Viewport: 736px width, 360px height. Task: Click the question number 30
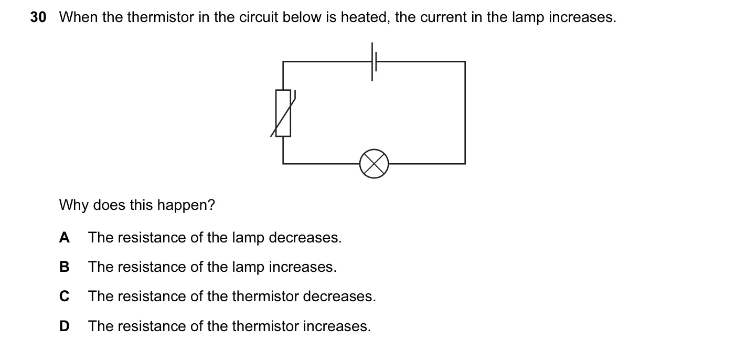38,17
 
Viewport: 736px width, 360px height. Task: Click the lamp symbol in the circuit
374,164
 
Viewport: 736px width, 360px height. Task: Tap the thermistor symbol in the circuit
283,113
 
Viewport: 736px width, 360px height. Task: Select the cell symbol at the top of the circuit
374,61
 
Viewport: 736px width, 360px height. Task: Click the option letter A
65,237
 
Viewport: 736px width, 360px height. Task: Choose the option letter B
65,267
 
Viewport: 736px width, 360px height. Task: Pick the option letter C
65,296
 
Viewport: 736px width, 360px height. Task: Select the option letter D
65,326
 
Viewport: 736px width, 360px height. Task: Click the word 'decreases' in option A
305,238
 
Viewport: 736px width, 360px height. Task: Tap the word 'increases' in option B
303,267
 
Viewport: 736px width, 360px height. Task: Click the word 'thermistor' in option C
265,296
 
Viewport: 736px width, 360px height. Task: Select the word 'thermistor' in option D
265,326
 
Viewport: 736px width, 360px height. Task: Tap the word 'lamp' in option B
248,267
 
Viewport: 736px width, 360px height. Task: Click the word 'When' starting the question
79,17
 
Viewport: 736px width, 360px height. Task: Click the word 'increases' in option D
337,326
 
